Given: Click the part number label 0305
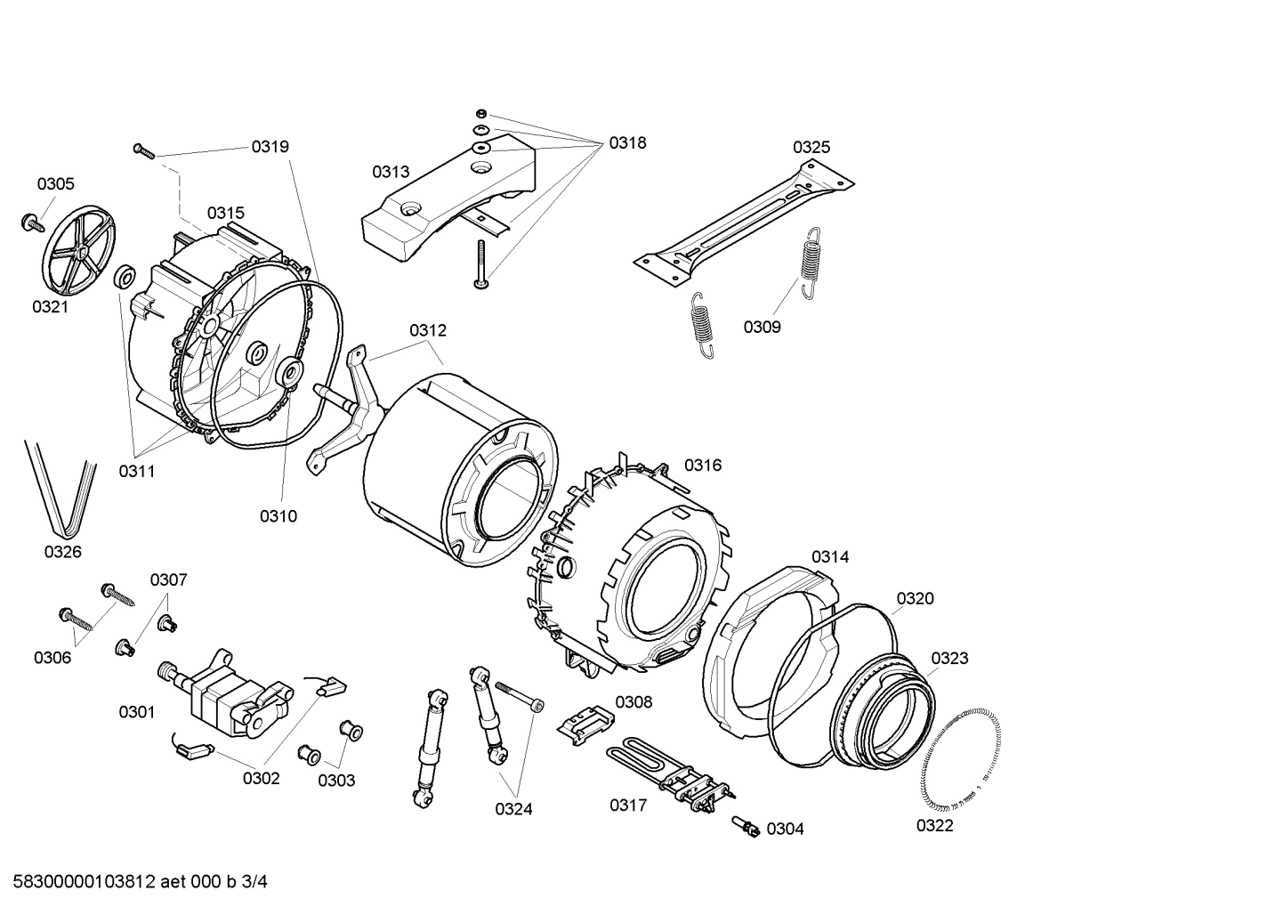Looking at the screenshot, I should tap(55, 184).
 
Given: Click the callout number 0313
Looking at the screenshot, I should tap(391, 172).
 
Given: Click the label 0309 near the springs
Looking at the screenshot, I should tap(762, 328).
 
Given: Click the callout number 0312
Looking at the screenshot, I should tap(428, 330).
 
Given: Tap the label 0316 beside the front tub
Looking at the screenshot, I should tap(703, 465).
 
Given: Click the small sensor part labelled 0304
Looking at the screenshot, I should tap(746, 826).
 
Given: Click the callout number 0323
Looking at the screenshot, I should tap(949, 658).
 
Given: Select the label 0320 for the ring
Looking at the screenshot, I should tap(915, 598).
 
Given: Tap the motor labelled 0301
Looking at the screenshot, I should tap(230, 695).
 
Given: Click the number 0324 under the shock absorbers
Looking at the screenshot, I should tap(513, 809).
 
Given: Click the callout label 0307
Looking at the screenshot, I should tap(168, 580).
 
